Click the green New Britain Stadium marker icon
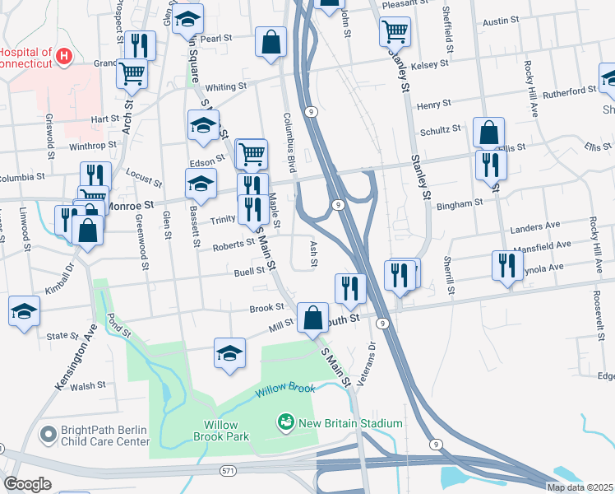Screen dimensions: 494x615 tap(286, 422)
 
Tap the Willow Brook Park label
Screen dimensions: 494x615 tap(221, 431)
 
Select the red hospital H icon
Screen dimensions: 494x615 tap(64, 55)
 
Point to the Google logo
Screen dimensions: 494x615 tap(26, 483)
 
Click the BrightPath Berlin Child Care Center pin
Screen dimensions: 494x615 tap(49, 431)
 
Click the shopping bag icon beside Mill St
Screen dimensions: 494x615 tap(312, 318)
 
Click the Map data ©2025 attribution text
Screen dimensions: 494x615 tap(580, 487)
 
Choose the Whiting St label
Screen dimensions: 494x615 tap(225, 86)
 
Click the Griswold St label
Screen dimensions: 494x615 tap(50, 136)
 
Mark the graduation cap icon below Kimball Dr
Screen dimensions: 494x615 tap(24, 311)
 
